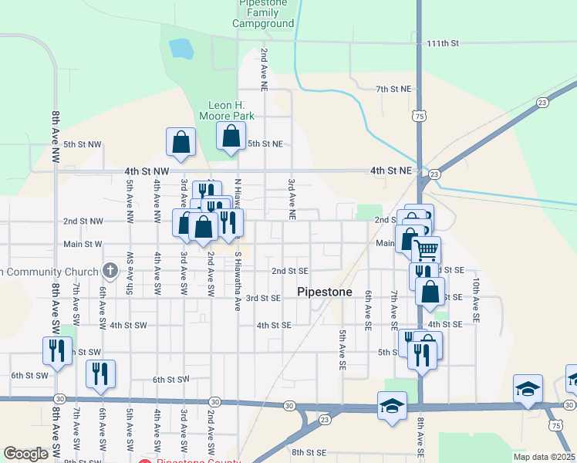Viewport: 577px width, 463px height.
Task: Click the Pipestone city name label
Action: (325, 292)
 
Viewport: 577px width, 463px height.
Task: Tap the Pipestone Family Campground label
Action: (263, 14)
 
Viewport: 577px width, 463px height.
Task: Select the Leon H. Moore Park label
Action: (231, 110)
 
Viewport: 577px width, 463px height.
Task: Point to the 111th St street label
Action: (444, 43)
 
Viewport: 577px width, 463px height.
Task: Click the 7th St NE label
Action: (392, 90)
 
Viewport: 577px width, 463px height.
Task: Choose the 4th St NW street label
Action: (147, 171)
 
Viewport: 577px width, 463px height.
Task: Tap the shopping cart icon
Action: (426, 248)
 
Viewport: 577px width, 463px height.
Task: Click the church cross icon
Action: (110, 271)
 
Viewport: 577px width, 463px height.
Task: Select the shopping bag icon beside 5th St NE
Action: (231, 137)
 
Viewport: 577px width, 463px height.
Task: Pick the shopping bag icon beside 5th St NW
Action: (181, 142)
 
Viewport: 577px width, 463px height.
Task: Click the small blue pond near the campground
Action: (181, 49)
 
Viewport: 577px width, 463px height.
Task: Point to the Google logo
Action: (25, 454)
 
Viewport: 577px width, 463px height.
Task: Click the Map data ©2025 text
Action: (543, 456)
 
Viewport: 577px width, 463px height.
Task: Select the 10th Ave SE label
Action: (476, 300)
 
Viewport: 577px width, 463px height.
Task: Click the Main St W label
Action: (83, 245)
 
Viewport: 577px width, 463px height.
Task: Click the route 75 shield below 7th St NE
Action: (419, 116)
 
